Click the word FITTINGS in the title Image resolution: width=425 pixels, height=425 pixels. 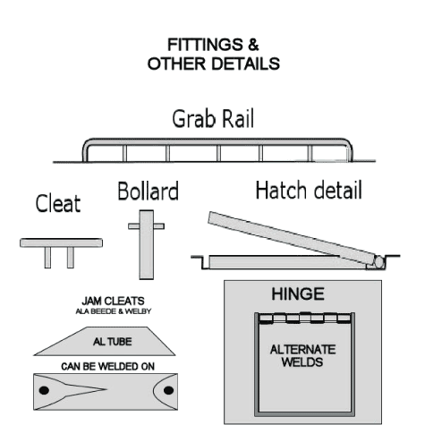[206, 45]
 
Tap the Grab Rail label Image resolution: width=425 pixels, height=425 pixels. [213, 119]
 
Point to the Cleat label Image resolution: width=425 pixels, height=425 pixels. [58, 203]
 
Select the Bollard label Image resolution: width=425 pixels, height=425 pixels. [149, 191]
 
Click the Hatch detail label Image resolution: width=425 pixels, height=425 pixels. [309, 190]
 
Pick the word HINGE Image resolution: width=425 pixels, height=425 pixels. [298, 294]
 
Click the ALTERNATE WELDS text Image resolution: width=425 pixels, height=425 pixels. [302, 355]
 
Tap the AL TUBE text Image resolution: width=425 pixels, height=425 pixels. [113, 342]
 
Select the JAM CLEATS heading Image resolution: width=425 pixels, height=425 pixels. [113, 301]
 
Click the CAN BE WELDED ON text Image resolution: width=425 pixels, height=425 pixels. [107, 366]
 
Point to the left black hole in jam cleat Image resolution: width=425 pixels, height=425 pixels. [44, 390]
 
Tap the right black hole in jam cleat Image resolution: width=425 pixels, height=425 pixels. [168, 390]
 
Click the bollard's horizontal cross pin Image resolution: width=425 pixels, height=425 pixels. [146, 226]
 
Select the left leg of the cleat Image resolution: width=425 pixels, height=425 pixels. [47, 258]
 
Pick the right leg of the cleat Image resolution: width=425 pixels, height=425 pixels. [71, 258]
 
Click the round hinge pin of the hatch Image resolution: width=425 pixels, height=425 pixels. [378, 262]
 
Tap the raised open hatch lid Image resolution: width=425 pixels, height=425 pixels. [292, 238]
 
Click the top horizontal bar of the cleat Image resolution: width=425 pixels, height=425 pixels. [61, 242]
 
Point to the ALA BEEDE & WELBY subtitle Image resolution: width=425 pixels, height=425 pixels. [114, 311]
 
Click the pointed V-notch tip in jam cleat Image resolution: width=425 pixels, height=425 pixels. [106, 389]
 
